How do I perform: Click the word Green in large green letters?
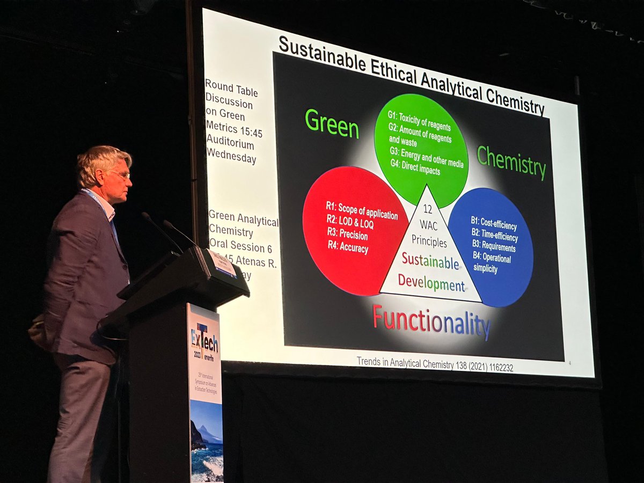coord(332,124)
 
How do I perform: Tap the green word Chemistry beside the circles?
coord(511,162)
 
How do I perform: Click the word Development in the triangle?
coord(431,283)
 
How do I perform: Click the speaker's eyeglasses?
coord(121,175)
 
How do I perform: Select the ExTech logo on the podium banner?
coord(204,338)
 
